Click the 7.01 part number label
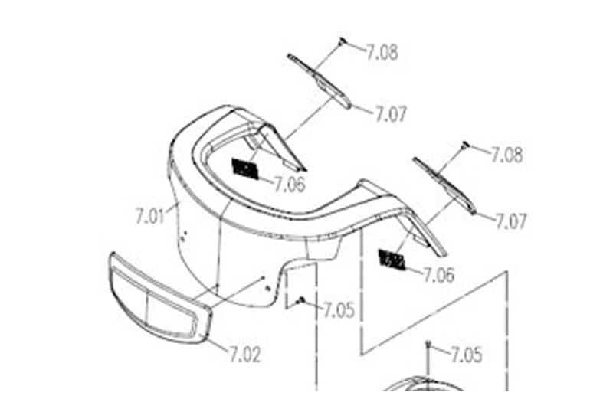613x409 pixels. (150, 217)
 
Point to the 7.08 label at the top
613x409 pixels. (382, 53)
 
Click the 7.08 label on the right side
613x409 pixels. (507, 155)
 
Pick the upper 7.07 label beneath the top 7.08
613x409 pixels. (390, 115)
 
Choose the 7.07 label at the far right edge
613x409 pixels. (511, 222)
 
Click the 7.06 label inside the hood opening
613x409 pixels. (290, 185)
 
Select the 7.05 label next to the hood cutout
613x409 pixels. (339, 310)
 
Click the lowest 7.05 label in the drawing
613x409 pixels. (466, 355)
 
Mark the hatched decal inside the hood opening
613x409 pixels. (245, 169)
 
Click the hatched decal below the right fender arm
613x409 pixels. (392, 260)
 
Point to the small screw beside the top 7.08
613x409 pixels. (343, 40)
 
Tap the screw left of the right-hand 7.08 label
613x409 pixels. (464, 144)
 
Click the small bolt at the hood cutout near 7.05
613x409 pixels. (303, 299)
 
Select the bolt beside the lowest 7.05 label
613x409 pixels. (428, 346)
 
